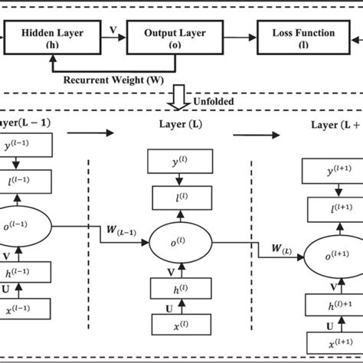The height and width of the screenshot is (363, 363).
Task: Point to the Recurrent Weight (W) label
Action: pyautogui.click(x=122, y=78)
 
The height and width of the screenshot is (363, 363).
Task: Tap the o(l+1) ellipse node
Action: pyautogui.click(x=329, y=253)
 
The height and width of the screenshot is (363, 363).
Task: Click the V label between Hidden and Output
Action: pyautogui.click(x=113, y=31)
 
